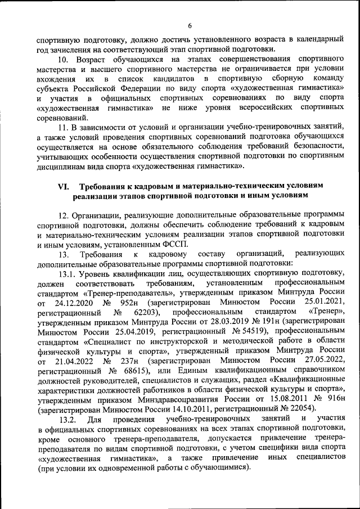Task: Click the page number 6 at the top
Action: coord(190,25)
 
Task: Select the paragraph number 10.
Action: coord(65,59)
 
